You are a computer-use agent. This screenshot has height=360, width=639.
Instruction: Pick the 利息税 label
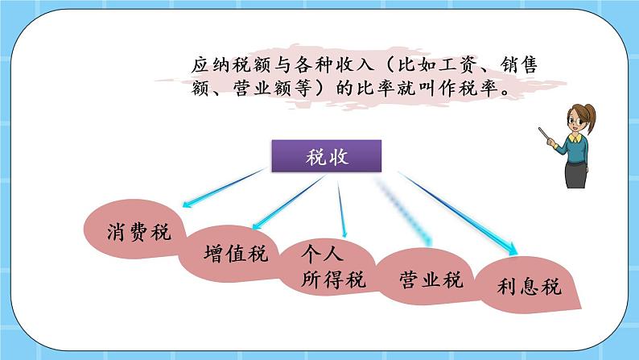click(530, 288)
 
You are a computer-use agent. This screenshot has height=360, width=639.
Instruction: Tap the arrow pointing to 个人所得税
click(342, 210)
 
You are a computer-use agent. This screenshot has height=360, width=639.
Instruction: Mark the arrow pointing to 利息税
click(459, 213)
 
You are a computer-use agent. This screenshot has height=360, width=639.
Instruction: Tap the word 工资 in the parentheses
click(449, 64)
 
